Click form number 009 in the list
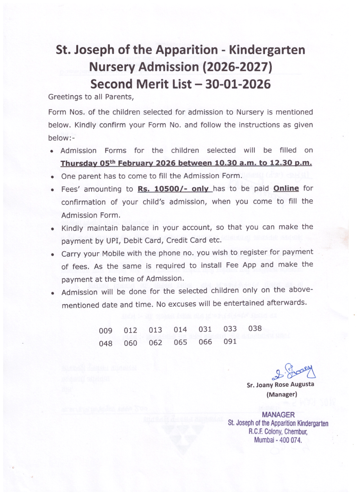pyautogui.click(x=106, y=331)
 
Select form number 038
pyautogui.click(x=255, y=328)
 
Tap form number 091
pyautogui.click(x=230, y=341)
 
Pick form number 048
pyautogui.click(x=106, y=343)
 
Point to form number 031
pyautogui.click(x=205, y=329)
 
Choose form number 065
pyautogui.click(x=180, y=342)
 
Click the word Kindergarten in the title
pyautogui.click(x=267, y=50)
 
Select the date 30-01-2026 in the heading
pyautogui.click(x=238, y=84)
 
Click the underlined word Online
pyautogui.click(x=286, y=188)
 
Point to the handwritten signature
pyautogui.click(x=294, y=372)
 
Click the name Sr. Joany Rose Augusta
pyautogui.click(x=280, y=385)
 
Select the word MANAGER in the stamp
pyautogui.click(x=278, y=415)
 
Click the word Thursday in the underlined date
pyautogui.click(x=78, y=163)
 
